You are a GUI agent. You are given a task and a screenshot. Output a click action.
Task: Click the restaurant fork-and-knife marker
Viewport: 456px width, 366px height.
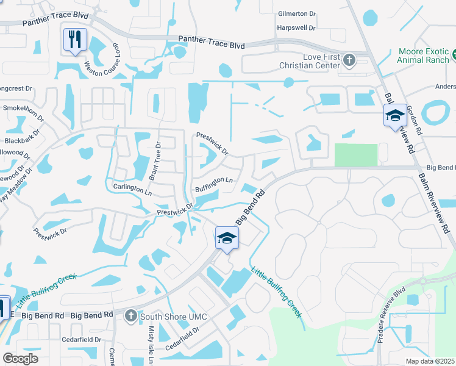click(75, 40)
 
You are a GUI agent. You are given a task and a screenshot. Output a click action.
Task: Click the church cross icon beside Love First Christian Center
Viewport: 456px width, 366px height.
click(349, 60)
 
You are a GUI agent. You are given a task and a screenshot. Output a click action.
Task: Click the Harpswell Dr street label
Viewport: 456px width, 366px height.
click(296, 28)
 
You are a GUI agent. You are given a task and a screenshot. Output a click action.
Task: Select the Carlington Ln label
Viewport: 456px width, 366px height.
click(132, 188)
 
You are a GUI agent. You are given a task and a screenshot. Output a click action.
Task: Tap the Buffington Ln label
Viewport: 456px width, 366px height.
click(214, 184)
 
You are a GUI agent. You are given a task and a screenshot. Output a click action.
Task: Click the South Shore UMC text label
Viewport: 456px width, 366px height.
click(174, 316)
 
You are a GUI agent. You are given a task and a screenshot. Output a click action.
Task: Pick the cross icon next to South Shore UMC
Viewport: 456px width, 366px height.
click(130, 315)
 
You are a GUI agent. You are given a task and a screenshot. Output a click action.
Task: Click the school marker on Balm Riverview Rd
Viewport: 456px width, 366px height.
click(395, 115)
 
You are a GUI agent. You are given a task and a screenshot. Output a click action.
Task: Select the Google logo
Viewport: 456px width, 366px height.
click(21, 358)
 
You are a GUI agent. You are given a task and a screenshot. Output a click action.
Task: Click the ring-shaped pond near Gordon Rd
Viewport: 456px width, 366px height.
click(436, 112)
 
